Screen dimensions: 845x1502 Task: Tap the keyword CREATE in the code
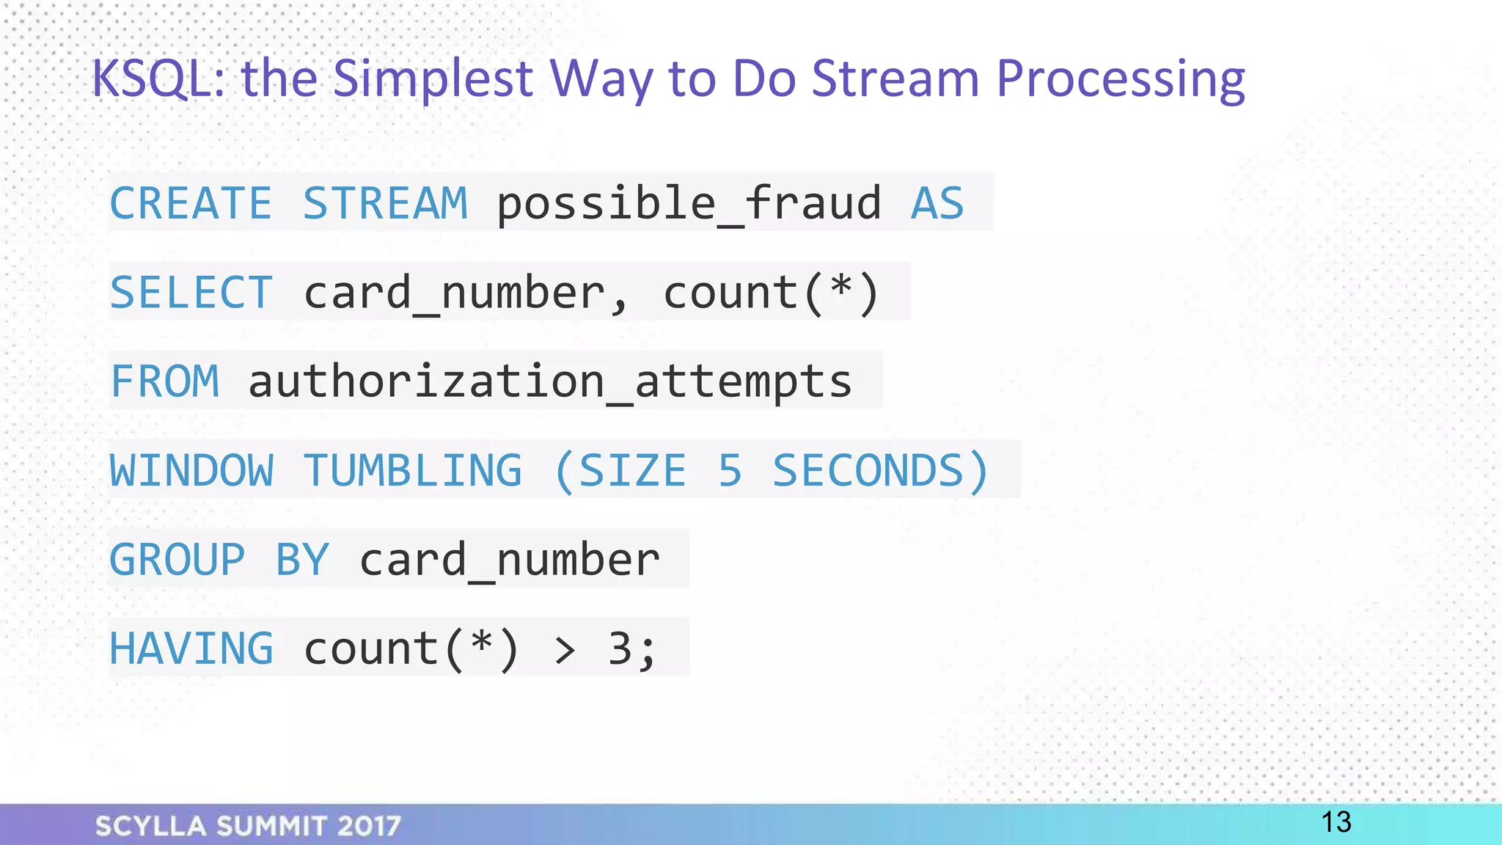pyautogui.click(x=191, y=203)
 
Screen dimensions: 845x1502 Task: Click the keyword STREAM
pyautogui.click(x=385, y=203)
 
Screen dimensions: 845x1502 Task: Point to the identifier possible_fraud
pyautogui.click(x=689, y=203)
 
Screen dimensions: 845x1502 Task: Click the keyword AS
pyautogui.click(x=937, y=203)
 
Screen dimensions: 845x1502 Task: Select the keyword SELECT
pyautogui.click(x=191, y=293)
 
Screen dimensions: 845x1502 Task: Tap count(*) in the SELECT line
pyautogui.click(x=771, y=293)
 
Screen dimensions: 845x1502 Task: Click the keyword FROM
pyautogui.click(x=164, y=381)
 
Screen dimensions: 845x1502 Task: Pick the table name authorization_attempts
pyautogui.click(x=550, y=381)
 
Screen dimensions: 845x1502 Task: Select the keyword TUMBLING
pyautogui.click(x=412, y=470)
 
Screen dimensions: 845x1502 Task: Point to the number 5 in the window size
pyautogui.click(x=730, y=470)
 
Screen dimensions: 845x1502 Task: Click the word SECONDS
pyautogui.click(x=869, y=470)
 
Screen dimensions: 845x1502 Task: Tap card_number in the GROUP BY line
pyautogui.click(x=510, y=560)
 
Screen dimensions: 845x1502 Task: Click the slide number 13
pyautogui.click(x=1336, y=822)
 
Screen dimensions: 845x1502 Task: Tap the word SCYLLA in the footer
pyautogui.click(x=151, y=826)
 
